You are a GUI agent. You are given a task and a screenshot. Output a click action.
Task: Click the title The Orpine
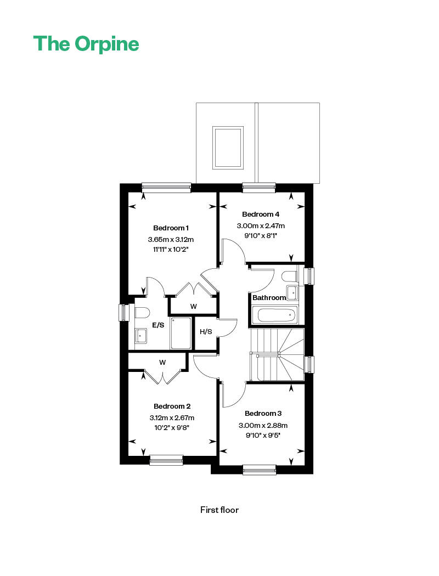[x=86, y=44]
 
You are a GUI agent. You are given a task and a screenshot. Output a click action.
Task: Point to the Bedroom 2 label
[x=172, y=406]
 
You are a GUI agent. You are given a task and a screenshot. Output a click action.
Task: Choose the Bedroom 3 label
[x=263, y=413]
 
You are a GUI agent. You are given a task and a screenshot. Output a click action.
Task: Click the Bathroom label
[x=269, y=298]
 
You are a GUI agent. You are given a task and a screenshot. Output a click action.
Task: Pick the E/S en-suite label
[x=158, y=325]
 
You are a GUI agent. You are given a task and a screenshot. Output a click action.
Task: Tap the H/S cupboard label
[x=206, y=332]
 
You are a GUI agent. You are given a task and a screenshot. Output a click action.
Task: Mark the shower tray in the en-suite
[x=181, y=333]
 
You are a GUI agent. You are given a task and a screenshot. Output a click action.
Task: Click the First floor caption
[x=219, y=510]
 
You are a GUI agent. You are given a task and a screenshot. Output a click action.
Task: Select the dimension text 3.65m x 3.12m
[x=171, y=240]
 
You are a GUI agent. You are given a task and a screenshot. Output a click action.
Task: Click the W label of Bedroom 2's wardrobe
[x=162, y=362]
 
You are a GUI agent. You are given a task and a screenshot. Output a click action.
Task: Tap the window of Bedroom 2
[x=166, y=460]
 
